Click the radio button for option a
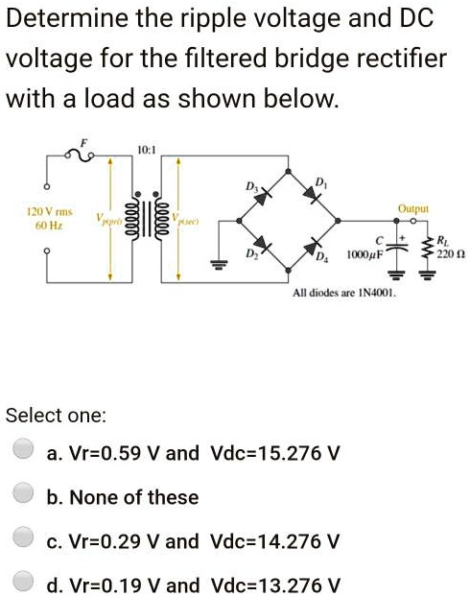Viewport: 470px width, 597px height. (25, 451)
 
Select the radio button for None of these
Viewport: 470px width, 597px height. (25, 496)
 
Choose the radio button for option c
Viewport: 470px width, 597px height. (25, 540)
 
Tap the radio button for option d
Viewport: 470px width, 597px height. (25, 583)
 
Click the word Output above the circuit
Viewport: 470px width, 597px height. (414, 207)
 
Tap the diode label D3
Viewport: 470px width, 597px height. (251, 184)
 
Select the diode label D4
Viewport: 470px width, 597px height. (322, 262)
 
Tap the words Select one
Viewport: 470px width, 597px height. (57, 416)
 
